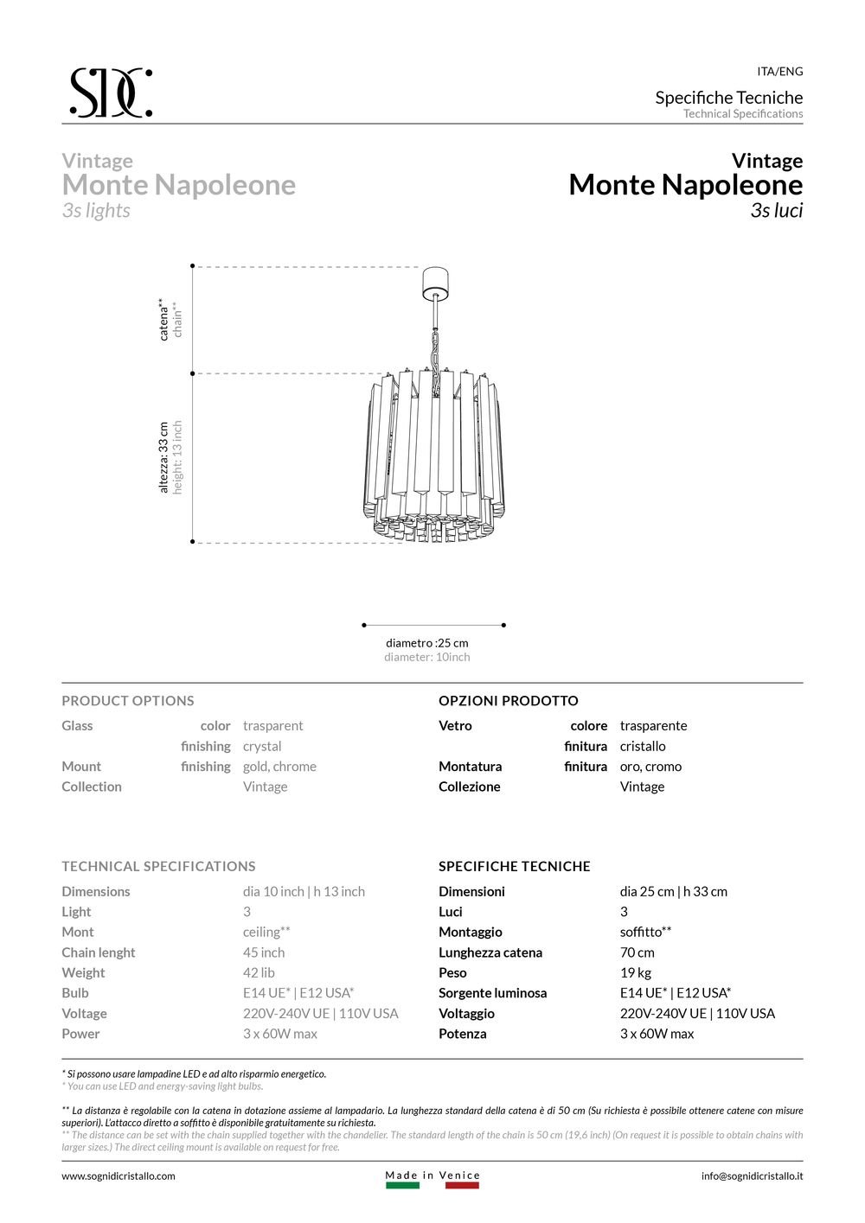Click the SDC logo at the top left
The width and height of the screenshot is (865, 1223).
[111, 92]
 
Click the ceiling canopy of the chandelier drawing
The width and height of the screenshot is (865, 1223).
[436, 282]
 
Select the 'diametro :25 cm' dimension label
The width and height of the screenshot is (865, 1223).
[427, 643]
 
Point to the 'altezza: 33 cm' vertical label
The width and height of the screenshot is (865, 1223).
[163, 458]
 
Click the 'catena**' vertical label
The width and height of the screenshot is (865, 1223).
[163, 320]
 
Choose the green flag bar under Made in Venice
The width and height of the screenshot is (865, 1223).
[402, 1185]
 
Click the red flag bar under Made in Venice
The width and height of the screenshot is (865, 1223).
[462, 1185]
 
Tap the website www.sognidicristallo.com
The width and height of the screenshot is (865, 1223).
[119, 1175]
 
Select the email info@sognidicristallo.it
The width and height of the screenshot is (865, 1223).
[752, 1175]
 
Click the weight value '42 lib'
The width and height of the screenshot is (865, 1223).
[259, 972]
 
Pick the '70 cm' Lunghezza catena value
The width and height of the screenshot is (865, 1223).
[637, 952]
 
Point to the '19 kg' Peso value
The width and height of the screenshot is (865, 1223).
[636, 972]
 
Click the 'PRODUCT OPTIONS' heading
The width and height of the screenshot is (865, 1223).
[128, 701]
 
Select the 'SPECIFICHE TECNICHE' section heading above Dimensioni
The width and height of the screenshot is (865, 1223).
[515, 866]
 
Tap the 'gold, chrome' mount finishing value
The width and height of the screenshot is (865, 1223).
[279, 767]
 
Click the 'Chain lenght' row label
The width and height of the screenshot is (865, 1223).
[99, 952]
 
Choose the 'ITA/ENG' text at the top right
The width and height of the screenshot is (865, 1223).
[779, 72]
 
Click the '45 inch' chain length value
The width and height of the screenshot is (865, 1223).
[264, 952]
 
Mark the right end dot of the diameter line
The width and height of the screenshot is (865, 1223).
[503, 624]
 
